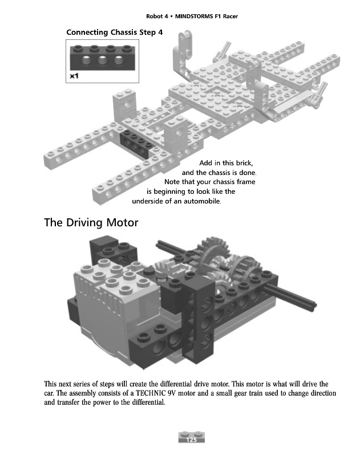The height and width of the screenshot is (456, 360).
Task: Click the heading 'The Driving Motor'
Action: pos(91,222)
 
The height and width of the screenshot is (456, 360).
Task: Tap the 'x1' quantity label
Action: pos(74,76)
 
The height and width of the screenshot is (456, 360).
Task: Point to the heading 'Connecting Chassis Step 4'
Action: pos(115,32)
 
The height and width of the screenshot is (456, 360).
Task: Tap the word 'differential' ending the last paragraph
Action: pos(146,403)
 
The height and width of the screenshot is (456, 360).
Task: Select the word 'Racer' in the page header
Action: pos(228,17)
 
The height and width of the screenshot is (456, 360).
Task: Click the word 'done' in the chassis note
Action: pos(248,173)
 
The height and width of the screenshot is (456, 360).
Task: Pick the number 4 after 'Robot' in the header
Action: pos(162,17)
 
